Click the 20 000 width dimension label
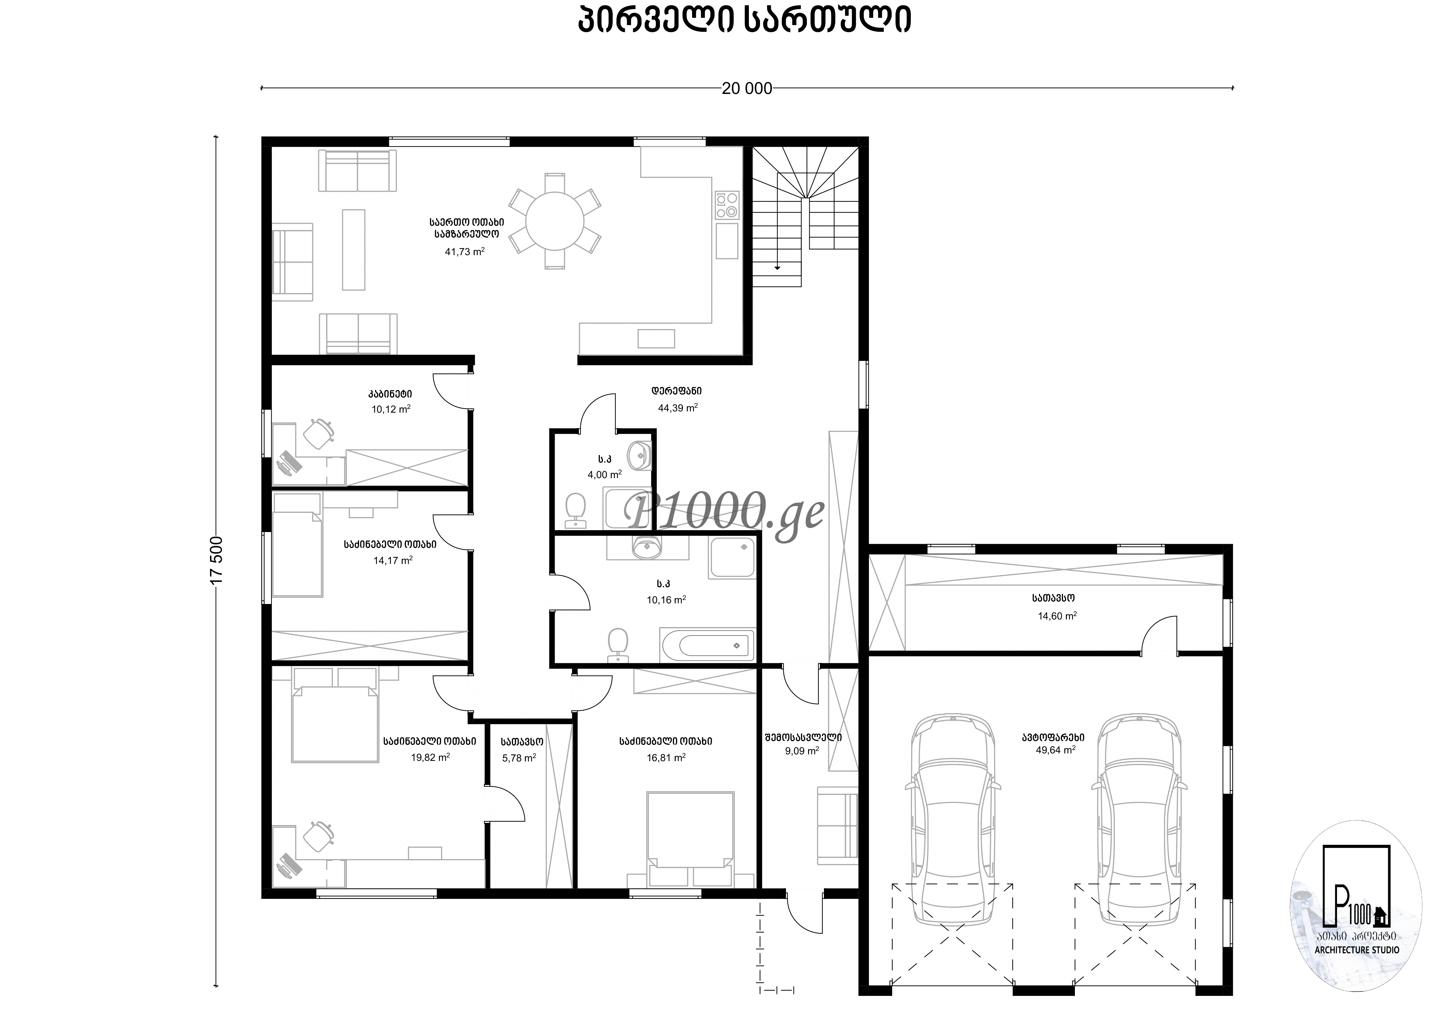(746, 88)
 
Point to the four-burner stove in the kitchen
(727, 205)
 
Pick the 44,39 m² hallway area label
(678, 407)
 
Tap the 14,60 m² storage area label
(1057, 616)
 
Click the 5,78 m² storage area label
(519, 758)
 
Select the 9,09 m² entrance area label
(802, 751)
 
